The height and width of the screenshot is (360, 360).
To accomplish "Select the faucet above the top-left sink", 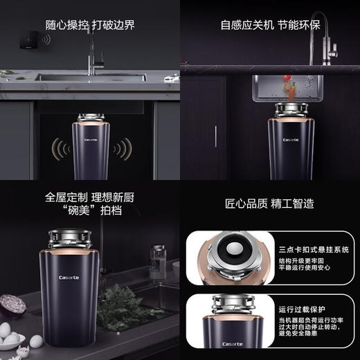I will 93,53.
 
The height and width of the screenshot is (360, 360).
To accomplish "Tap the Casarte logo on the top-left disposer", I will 91,138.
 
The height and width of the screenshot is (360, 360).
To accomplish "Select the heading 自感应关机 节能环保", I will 269,25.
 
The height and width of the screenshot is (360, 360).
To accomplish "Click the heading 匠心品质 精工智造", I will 269,204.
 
